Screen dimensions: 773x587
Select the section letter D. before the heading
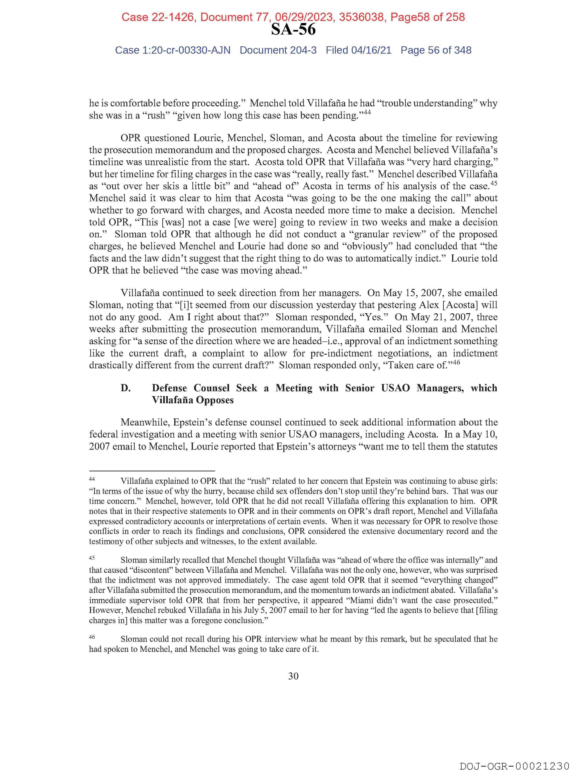[125, 388]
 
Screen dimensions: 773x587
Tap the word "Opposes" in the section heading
[213, 400]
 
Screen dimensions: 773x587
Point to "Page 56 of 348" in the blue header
[436, 50]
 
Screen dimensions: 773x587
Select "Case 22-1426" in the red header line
[158, 17]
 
